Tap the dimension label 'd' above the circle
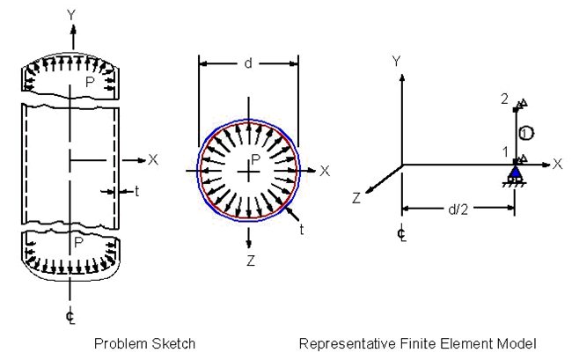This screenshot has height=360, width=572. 249,62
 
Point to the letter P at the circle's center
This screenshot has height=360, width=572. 255,159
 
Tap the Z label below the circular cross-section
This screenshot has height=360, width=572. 250,261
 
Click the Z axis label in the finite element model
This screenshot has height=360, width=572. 356,199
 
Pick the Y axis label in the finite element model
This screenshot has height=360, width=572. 397,61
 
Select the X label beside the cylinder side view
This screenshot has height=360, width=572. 153,159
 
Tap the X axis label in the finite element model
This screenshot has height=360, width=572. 557,164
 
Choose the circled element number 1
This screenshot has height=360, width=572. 524,133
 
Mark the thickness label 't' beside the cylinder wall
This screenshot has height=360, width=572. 136,191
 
